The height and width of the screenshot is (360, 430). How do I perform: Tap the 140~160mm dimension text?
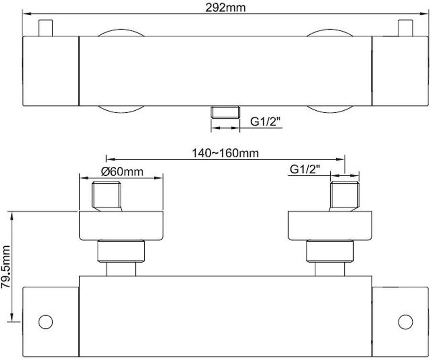pyautogui.click(x=225, y=153)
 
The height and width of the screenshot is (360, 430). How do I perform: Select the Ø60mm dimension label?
pyautogui.click(x=122, y=171)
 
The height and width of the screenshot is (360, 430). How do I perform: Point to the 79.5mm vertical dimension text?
pyautogui.click(x=6, y=266)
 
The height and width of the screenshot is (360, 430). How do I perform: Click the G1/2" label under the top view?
pyautogui.click(x=266, y=121)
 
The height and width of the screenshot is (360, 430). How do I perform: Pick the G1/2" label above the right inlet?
pyautogui.click(x=305, y=169)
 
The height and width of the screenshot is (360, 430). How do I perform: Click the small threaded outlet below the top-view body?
pyautogui.click(x=225, y=112)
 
